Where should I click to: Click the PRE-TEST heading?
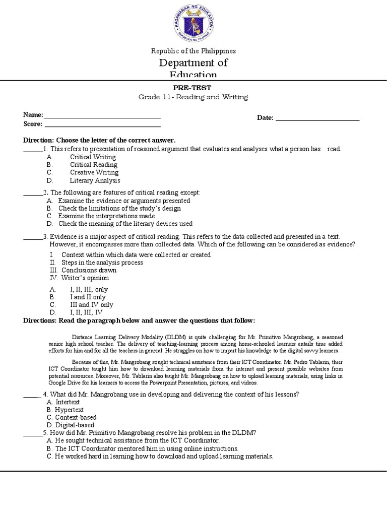(193, 87)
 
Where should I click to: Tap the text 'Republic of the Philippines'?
(193, 51)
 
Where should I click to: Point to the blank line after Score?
(102, 125)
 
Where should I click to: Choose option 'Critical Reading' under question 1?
(93, 165)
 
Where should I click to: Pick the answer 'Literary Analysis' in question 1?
(95, 180)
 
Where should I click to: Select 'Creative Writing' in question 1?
(94, 172)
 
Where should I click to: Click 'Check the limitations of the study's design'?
(119, 208)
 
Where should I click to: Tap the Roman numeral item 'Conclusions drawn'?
(89, 270)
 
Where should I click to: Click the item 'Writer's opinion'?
(85, 278)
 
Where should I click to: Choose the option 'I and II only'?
(88, 297)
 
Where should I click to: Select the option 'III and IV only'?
(91, 305)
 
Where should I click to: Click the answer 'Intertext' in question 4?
(68, 402)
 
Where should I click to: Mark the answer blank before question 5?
(33, 433)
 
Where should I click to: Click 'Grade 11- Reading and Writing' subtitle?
(193, 97)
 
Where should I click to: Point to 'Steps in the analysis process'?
(102, 263)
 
